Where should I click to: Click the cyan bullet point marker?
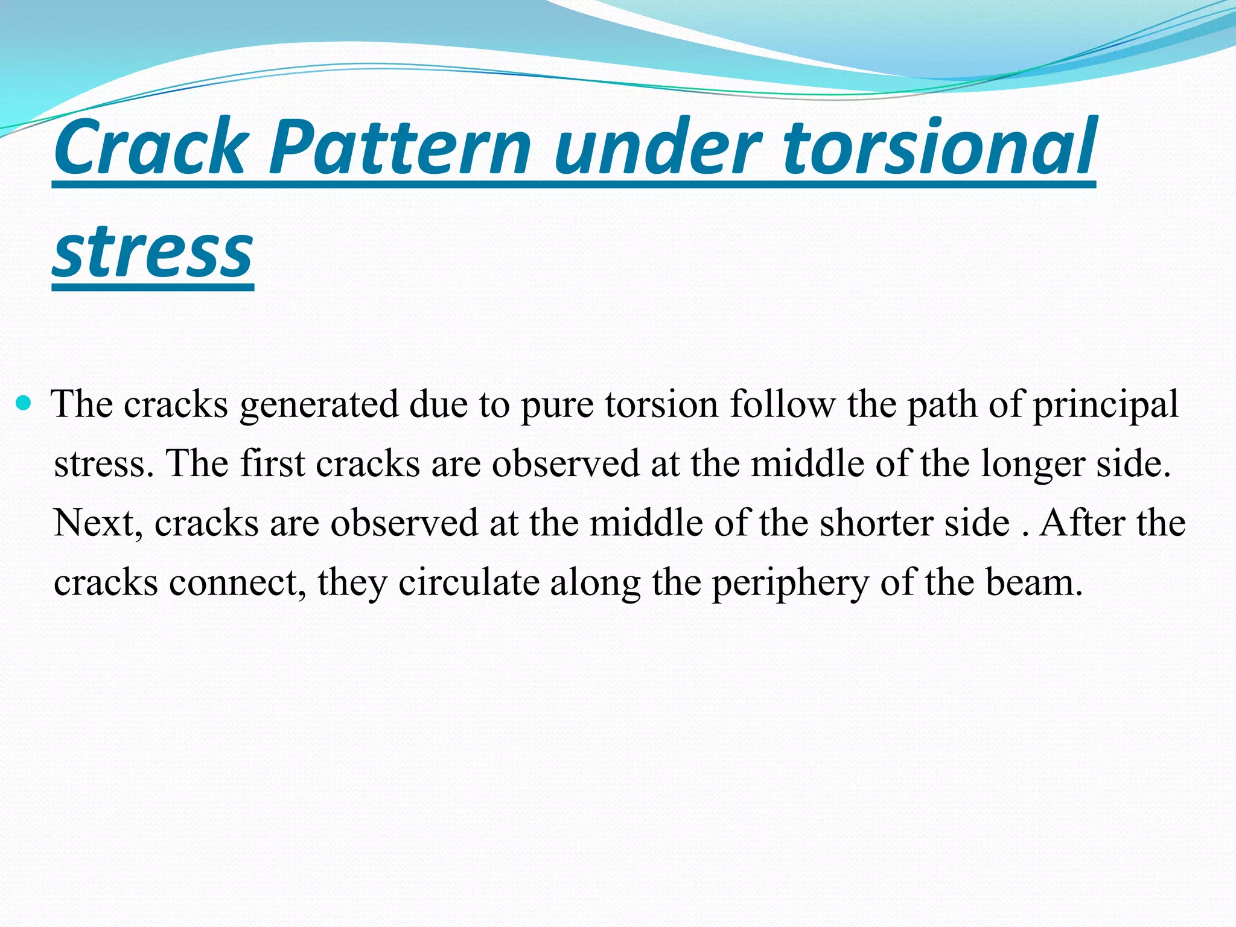[x=24, y=402]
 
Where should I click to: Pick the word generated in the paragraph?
[x=319, y=404]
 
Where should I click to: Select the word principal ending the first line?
[x=1106, y=404]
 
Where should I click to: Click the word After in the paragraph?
[x=1082, y=523]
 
